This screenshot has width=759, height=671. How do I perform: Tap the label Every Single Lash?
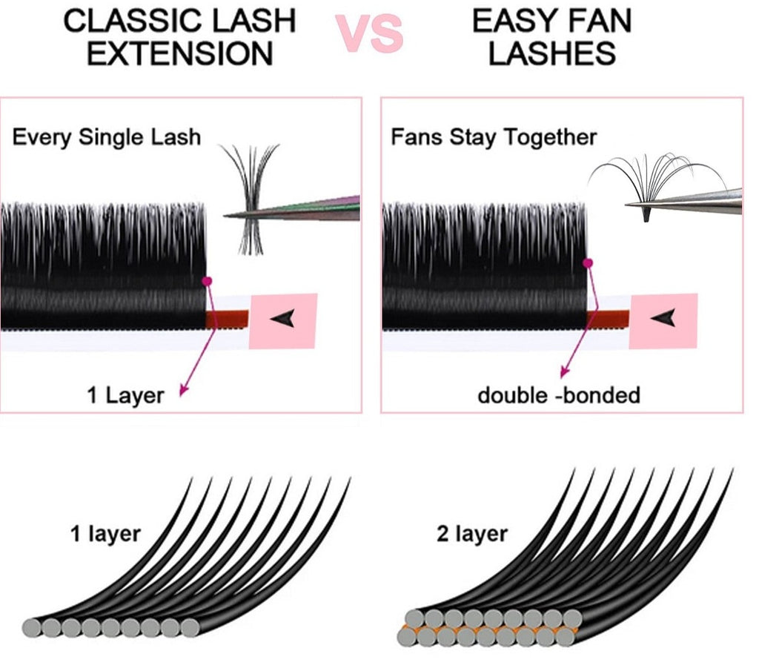point(107,137)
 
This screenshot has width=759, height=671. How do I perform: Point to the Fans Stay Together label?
point(494,137)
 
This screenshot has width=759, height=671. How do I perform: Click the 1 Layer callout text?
point(125,394)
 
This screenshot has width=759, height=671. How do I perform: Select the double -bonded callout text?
point(558,394)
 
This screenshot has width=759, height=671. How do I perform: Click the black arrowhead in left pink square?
point(282,319)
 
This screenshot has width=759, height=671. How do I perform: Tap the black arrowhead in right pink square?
point(662,319)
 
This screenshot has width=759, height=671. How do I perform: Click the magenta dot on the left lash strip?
point(207,281)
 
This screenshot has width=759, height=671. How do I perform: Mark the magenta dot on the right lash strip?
point(588,262)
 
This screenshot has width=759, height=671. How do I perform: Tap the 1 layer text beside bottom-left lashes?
point(105,534)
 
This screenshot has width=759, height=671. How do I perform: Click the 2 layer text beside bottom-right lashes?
point(471,534)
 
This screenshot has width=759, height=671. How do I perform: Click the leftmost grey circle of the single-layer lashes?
point(33,627)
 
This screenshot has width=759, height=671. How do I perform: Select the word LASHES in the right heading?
point(552,54)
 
